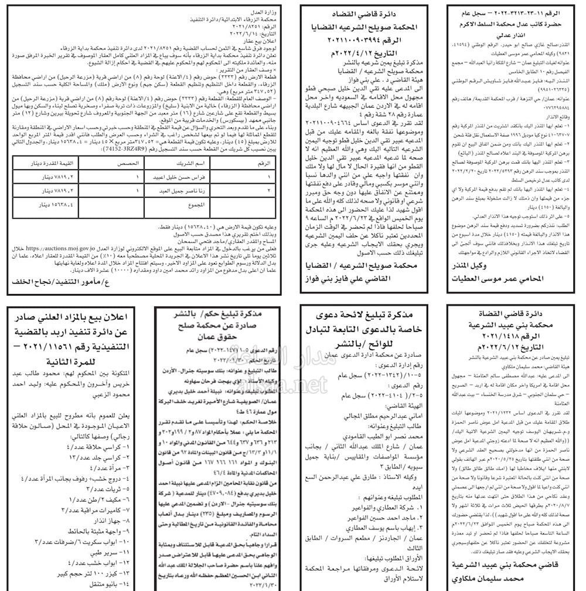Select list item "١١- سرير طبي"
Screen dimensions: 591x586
click(x=111, y=552)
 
